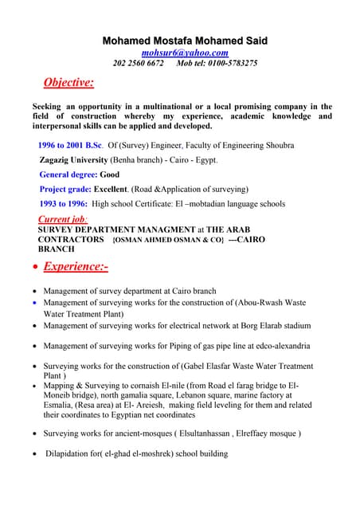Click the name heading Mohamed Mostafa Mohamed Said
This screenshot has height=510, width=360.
185,41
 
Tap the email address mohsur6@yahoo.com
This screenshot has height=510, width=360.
185,53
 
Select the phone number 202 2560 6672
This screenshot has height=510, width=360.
138,63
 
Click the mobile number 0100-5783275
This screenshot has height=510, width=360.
231,63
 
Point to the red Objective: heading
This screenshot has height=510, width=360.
68,82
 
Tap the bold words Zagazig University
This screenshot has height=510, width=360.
73,159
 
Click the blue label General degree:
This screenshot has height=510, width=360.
68,175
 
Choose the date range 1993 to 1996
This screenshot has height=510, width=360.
64,203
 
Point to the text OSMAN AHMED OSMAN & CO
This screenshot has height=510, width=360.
169,240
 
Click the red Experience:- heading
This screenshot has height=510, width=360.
76,266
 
